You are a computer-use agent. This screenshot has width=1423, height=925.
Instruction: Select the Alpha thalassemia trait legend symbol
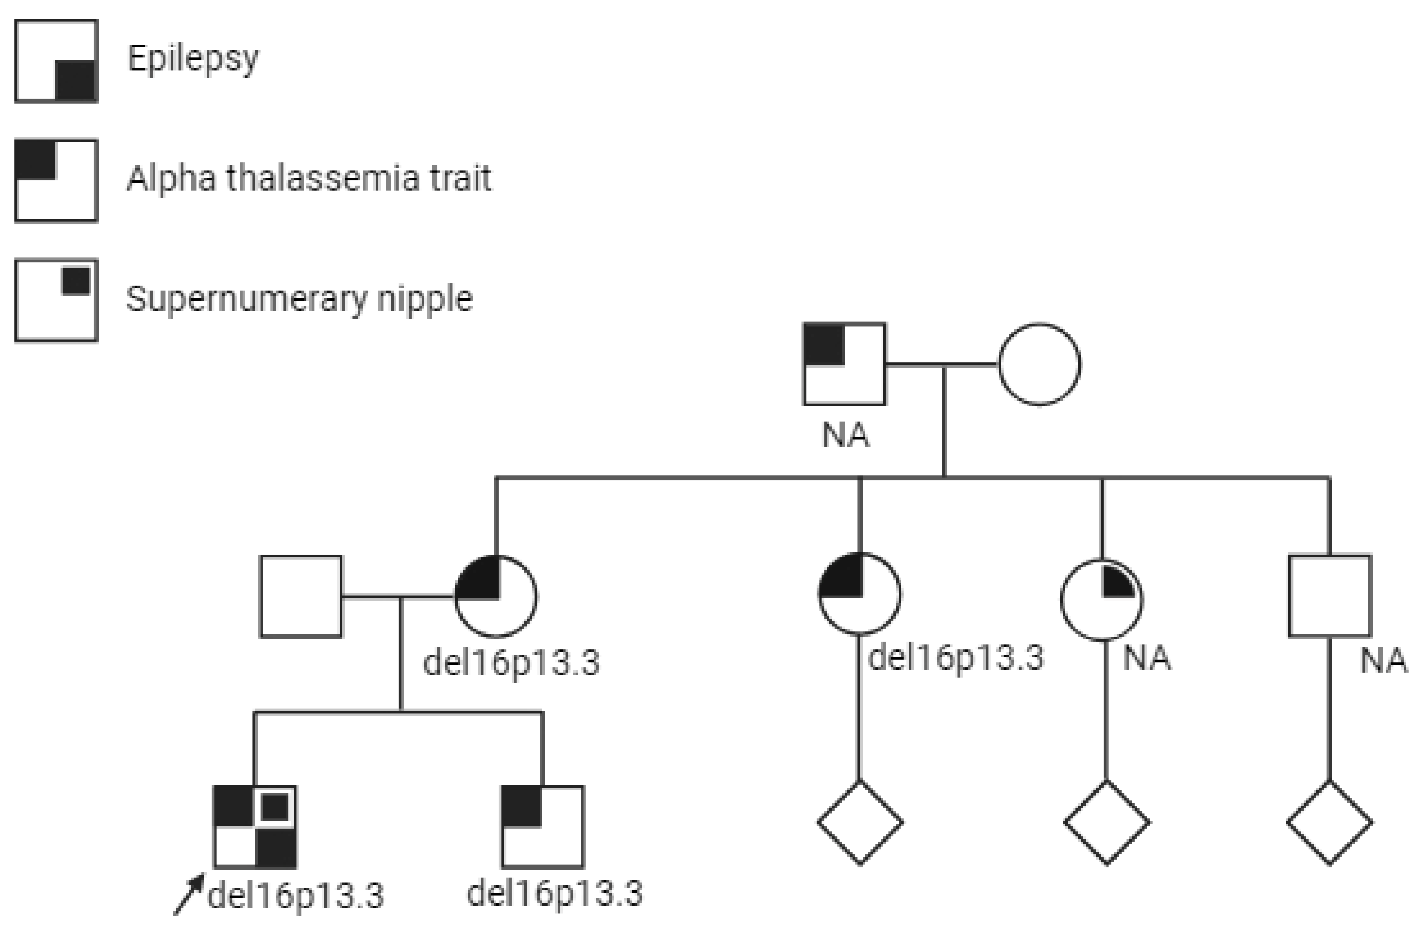56,180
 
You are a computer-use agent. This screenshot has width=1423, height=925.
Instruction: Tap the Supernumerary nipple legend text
299,299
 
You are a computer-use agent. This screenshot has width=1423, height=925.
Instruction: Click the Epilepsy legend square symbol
56,61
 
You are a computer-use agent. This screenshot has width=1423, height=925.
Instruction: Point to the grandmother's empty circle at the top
1039,364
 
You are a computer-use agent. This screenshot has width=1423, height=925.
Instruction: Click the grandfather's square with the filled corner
844,364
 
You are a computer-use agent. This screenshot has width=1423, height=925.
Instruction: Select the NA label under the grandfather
846,435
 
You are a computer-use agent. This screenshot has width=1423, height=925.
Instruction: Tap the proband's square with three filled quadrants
255,827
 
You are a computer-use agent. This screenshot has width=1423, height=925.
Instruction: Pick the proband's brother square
542,827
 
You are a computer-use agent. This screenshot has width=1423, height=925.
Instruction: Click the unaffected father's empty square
301,596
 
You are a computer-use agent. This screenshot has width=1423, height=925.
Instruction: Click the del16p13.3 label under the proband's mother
511,663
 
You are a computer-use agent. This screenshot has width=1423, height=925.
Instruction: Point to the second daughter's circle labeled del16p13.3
859,594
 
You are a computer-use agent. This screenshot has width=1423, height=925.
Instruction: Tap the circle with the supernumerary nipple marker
1102,600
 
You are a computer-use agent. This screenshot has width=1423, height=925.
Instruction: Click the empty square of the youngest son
1330,596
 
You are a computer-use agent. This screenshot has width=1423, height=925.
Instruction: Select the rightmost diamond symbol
1330,823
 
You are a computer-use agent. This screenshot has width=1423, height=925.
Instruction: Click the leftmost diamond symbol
860,823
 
